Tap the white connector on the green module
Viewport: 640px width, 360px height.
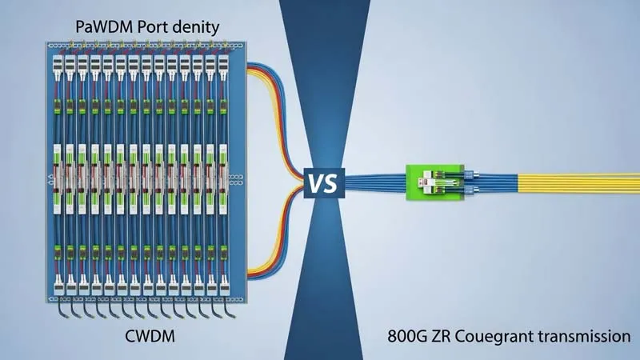click(x=429, y=182)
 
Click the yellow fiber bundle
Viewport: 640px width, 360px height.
click(x=576, y=183)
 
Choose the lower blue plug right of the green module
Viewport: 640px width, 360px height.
click(x=470, y=192)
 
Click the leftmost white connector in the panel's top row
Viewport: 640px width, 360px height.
click(x=58, y=61)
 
